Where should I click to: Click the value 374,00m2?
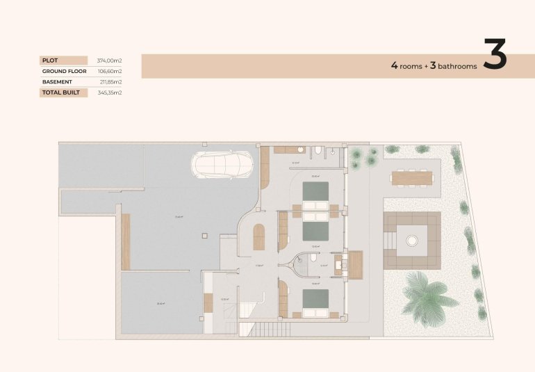point(109,60)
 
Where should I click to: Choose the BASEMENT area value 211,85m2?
point(110,81)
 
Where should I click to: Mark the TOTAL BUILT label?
point(61,92)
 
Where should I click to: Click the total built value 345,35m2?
point(110,92)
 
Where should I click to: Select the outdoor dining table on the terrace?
point(412,177)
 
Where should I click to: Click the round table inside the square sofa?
point(412,241)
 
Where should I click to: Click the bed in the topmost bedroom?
point(315,191)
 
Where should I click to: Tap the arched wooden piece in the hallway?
point(258,237)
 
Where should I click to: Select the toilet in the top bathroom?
point(317,151)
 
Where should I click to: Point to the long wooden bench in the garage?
point(126,241)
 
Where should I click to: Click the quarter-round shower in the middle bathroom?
point(299,261)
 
